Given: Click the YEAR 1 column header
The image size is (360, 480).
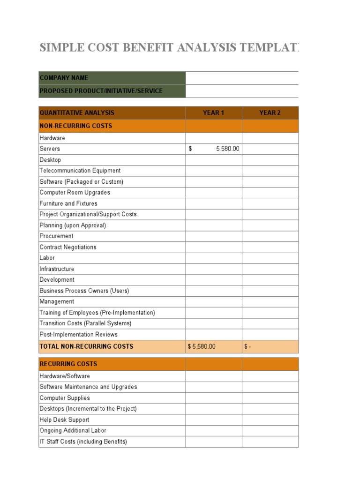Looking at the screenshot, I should tap(213, 113).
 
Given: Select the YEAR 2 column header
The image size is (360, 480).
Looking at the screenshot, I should tap(270, 113).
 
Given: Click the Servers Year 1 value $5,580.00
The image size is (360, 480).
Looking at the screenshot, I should tap(227, 149).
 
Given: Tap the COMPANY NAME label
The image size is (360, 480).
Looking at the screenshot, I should tap(64, 78).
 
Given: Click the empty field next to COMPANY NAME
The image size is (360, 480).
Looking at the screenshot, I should tap(241, 78).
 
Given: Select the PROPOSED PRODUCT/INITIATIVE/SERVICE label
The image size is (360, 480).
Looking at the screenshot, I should tap(101, 91).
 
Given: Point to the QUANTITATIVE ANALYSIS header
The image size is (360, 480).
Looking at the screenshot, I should tap(77, 113).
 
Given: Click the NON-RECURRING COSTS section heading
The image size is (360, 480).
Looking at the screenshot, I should tap(76, 126).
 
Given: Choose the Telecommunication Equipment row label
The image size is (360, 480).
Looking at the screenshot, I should tap(80, 171).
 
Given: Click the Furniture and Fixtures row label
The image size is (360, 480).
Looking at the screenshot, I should tap(68, 203).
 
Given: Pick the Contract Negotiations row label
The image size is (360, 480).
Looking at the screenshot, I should tap(68, 247).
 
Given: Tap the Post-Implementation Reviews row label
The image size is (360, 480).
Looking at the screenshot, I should tap(79, 334).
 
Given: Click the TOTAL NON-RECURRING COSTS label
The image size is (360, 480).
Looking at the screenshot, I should tap(86, 347).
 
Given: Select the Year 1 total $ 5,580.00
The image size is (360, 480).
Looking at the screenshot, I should tap(202, 347).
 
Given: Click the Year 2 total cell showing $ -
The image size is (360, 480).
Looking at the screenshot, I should tap(248, 347).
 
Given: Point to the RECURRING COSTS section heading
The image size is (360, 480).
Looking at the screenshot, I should tap(68, 364).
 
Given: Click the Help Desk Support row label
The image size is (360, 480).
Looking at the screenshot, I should tap(64, 420).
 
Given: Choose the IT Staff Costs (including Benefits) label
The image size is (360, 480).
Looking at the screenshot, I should tap(83, 442).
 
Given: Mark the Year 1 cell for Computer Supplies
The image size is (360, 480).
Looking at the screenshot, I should tap(213, 398).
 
